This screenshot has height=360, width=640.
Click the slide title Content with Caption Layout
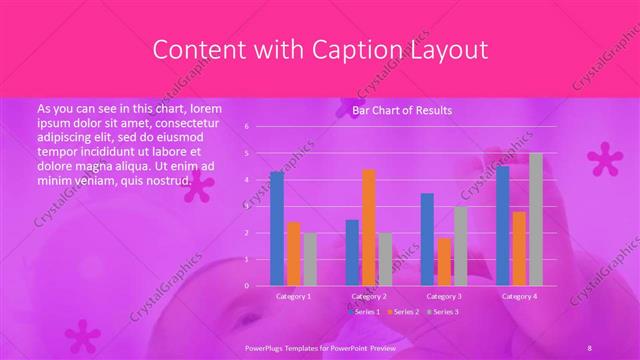tap(319, 49)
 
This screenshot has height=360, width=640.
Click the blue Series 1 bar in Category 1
tap(277, 228)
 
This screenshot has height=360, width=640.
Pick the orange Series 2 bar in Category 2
tap(369, 227)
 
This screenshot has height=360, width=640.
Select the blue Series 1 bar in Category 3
tap(427, 239)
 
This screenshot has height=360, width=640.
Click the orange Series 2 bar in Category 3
tap(444, 261)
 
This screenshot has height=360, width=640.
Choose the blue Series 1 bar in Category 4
tap(503, 225)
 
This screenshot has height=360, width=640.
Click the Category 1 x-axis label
tap(293, 296)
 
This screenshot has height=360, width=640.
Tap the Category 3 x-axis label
tap(443, 296)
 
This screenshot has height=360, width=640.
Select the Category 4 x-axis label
tap(518, 296)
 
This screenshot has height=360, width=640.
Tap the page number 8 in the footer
tap(590, 345)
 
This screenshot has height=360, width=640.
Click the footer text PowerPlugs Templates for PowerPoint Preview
tap(320, 345)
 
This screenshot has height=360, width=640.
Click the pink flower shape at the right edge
tap(603, 158)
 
